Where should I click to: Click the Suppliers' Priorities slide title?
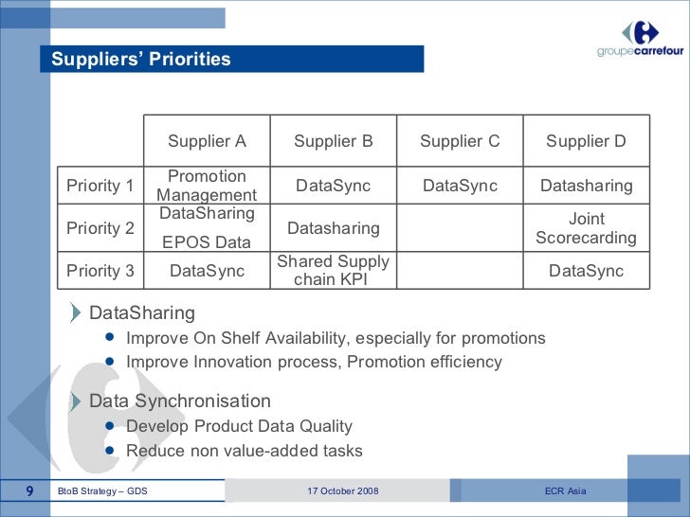[x=141, y=60]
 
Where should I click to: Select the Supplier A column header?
[x=207, y=141]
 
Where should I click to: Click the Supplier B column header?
[x=334, y=141]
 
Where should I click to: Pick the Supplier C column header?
[x=460, y=141]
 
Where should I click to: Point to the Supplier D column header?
[x=586, y=141]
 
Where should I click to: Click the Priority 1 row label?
[x=100, y=186]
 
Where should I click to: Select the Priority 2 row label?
[x=100, y=228]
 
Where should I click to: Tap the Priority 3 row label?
[x=100, y=271]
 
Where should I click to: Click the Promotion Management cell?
[x=207, y=186]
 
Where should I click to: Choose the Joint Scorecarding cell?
[x=586, y=228]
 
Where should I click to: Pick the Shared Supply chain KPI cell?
[x=334, y=271]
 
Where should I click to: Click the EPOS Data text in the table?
[x=207, y=242]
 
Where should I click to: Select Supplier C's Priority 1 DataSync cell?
[x=460, y=186]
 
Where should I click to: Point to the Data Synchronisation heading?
[x=180, y=401]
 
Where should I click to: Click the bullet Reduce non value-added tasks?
[x=245, y=451]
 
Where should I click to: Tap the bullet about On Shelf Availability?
[x=336, y=338]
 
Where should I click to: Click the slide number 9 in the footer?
[x=29, y=490]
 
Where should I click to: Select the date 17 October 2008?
[x=343, y=490]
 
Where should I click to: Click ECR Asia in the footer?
[x=566, y=490]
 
